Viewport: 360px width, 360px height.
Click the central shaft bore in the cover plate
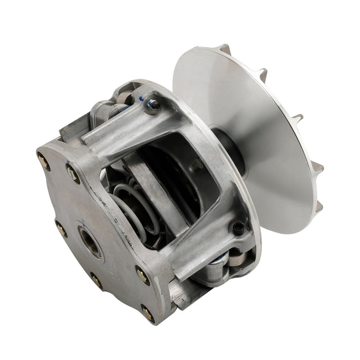click(x=90, y=242)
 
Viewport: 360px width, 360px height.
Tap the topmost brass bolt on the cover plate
click(x=44, y=162)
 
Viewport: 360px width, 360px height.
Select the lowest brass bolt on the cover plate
click(x=147, y=314)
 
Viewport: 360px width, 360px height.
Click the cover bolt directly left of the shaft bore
click(x=60, y=228)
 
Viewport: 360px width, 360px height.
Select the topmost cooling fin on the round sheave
click(x=225, y=49)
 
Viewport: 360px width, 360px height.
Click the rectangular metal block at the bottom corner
click(x=180, y=294)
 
